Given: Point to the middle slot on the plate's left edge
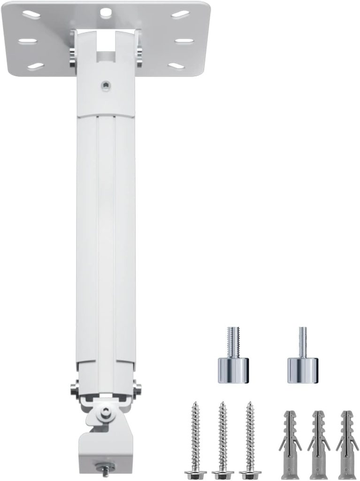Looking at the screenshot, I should pyautogui.click(x=28, y=40).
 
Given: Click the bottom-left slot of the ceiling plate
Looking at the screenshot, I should pyautogui.click(x=35, y=66).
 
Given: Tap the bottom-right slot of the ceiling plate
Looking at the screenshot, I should pyautogui.click(x=177, y=66).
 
